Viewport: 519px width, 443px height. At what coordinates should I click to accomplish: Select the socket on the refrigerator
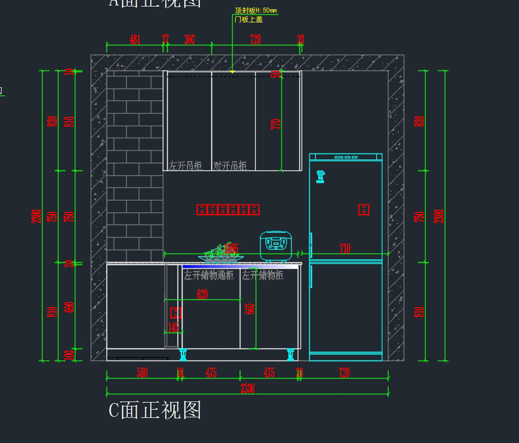364,210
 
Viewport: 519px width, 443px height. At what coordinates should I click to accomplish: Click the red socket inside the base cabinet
176,312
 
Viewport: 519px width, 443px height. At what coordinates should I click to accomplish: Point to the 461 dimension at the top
135,40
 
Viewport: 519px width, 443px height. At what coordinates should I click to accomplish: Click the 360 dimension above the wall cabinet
189,40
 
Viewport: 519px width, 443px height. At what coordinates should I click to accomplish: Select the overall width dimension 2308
247,389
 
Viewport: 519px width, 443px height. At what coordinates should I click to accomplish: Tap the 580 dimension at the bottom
142,373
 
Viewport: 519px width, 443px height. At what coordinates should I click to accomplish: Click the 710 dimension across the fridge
345,249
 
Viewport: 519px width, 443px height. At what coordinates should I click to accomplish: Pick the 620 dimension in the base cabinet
202,295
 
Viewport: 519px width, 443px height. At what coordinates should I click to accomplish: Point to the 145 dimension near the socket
173,327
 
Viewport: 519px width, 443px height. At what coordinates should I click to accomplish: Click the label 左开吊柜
186,166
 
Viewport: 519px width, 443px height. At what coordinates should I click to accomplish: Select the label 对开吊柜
230,166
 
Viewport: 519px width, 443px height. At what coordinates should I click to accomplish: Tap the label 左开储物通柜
209,275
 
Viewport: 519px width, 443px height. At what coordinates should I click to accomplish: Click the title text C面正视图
155,410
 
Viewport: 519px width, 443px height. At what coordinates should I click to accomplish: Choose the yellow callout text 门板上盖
249,19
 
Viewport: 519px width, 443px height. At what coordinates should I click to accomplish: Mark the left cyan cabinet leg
183,355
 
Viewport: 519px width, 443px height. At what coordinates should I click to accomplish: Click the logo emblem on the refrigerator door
320,176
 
